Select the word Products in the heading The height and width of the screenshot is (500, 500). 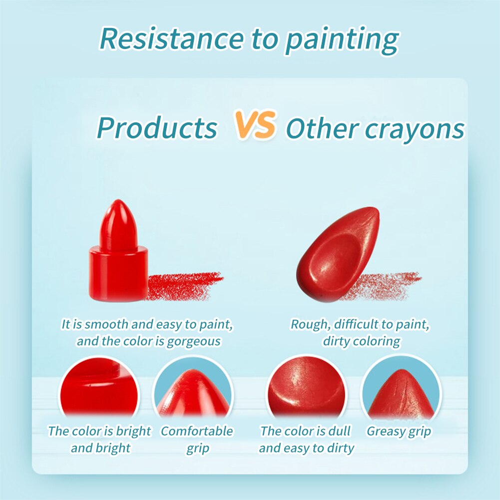(x=157, y=128)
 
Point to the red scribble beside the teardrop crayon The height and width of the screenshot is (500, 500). (x=390, y=285)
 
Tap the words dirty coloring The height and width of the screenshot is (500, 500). (x=361, y=342)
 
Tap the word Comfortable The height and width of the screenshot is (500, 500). (x=197, y=431)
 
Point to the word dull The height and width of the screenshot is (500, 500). (x=338, y=431)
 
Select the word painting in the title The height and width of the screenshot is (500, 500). (x=342, y=38)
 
